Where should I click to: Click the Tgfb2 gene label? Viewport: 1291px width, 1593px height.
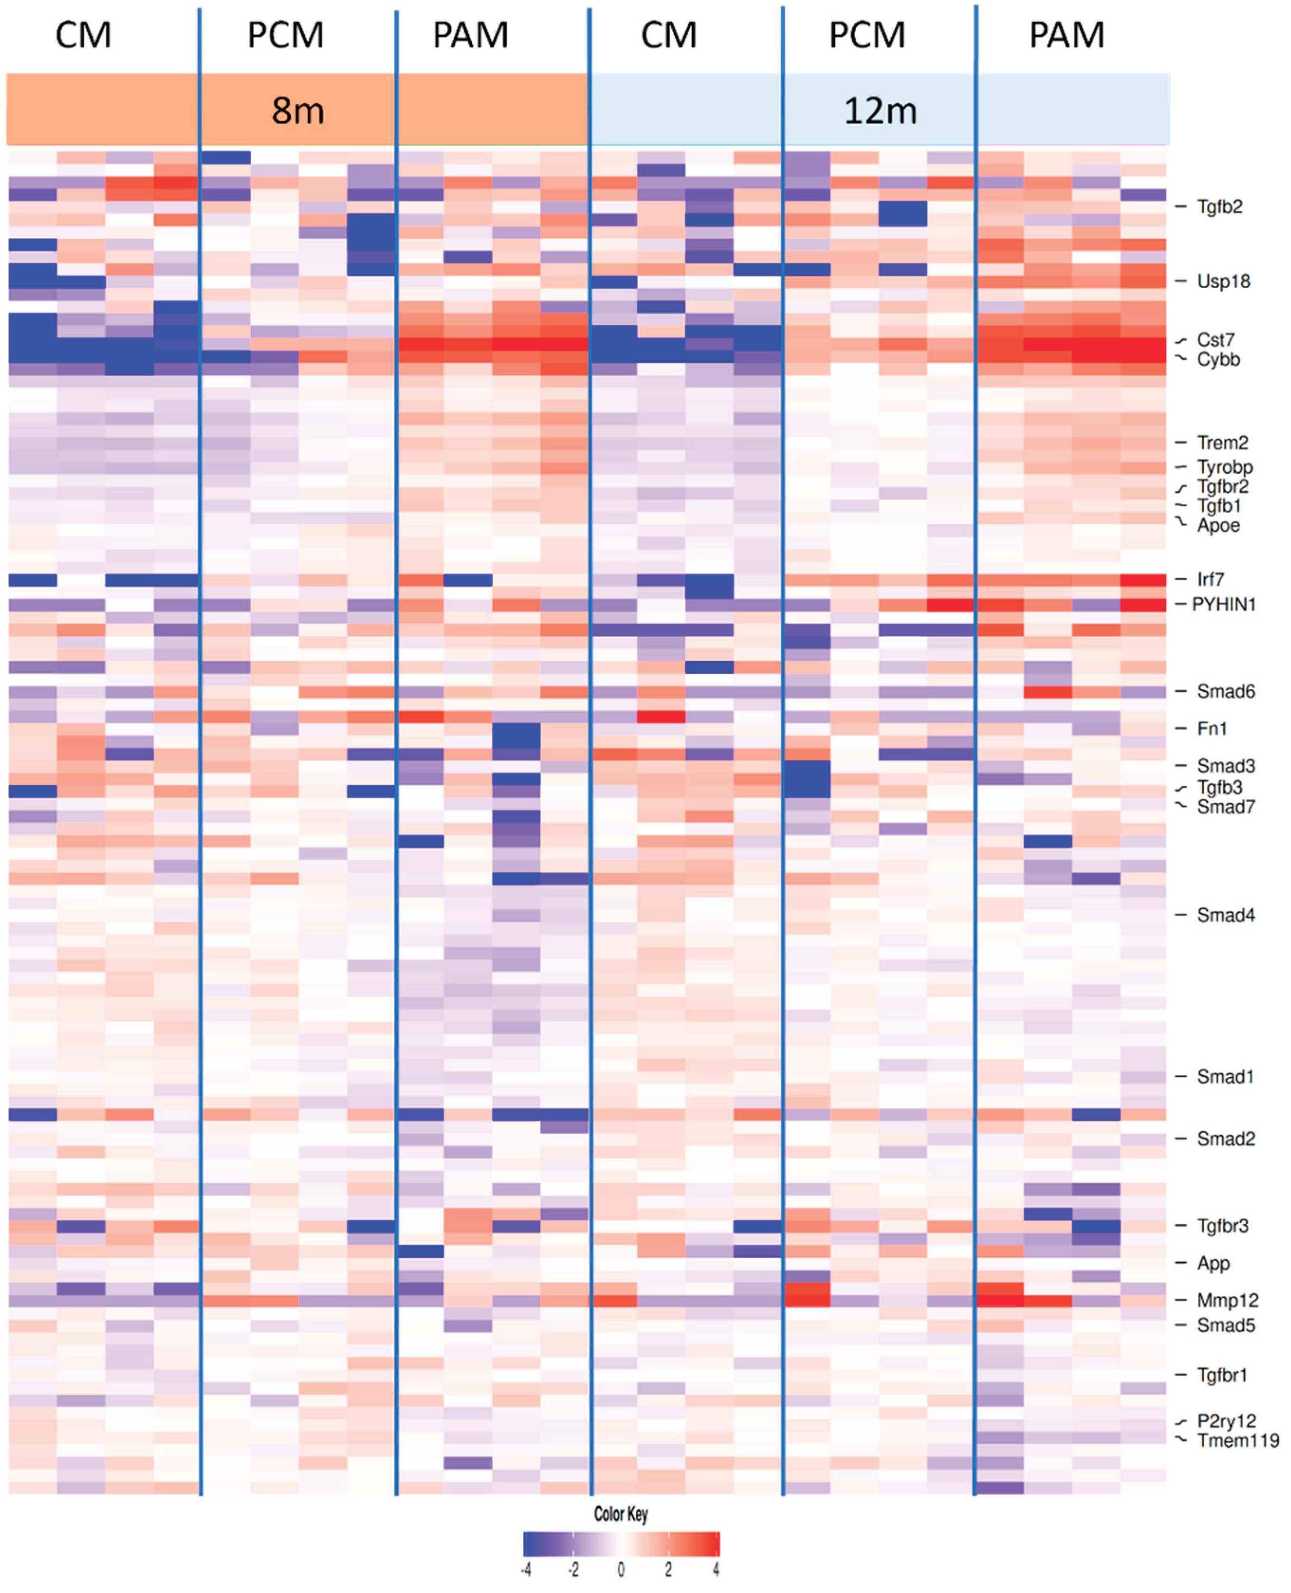(x=1219, y=207)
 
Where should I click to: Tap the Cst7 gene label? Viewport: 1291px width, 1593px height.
(x=1215, y=340)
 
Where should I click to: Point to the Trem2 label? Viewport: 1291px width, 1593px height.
(x=1222, y=442)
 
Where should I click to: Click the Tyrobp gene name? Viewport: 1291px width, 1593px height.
(x=1224, y=467)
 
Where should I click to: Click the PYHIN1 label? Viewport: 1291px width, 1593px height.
(x=1223, y=604)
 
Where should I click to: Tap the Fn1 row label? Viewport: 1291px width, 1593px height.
(x=1211, y=729)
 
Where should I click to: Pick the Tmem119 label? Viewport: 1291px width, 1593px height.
(x=1237, y=1440)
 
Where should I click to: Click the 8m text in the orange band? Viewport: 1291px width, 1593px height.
(x=297, y=111)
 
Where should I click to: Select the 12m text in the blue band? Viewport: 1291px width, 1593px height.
(x=880, y=111)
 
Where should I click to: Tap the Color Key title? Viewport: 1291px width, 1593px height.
(x=620, y=1514)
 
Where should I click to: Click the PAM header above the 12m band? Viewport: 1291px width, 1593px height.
(x=1066, y=35)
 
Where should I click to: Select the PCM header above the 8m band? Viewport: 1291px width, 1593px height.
(x=285, y=35)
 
